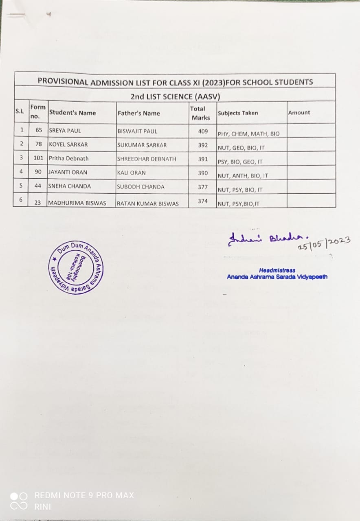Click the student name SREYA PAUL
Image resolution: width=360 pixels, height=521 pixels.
point(65,131)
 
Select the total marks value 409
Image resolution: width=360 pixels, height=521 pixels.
point(203,131)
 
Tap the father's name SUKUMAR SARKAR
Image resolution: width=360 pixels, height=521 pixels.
point(142,145)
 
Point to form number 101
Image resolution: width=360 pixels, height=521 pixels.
point(38,158)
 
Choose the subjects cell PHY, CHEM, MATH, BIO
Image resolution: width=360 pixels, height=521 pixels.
point(248,134)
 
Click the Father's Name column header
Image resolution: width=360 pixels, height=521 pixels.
point(138,113)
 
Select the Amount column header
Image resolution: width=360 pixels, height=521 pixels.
point(299,112)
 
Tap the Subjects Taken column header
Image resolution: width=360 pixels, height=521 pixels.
point(238,113)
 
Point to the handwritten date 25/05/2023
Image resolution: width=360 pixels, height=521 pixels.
point(324,243)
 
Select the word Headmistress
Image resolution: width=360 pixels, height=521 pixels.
point(277,270)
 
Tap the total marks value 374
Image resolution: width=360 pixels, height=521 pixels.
point(203,201)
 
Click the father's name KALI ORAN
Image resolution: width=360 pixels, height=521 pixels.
point(131,173)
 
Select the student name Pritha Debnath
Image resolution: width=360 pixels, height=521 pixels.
point(68,158)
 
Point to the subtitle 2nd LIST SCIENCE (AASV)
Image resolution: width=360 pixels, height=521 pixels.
point(175,96)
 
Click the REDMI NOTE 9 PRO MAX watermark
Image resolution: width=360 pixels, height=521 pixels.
point(84,495)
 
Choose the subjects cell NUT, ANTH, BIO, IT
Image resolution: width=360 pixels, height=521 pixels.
point(243,176)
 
